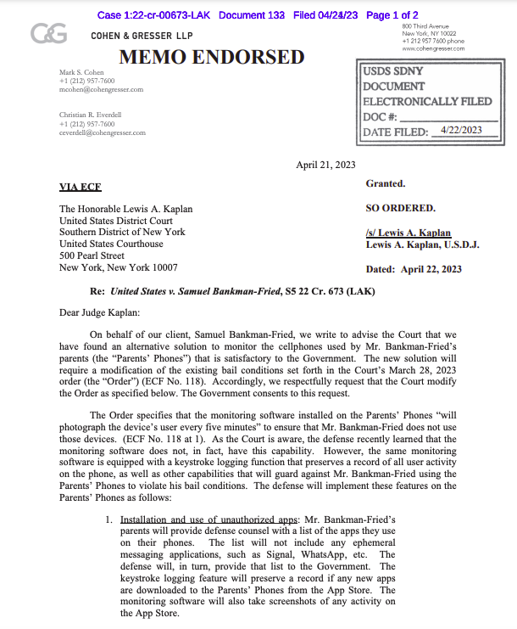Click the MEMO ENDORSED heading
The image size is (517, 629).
[x=211, y=58]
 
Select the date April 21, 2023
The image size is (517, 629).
[x=325, y=165]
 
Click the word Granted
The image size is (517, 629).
[x=386, y=183]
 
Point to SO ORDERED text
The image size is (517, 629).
[x=400, y=208]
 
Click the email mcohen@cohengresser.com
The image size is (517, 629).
[x=101, y=89]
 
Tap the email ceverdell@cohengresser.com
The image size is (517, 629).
[x=103, y=132]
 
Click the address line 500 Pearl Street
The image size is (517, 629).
[x=92, y=256]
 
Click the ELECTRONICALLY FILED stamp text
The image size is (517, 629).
[x=427, y=101]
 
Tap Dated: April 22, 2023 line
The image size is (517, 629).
[x=414, y=269]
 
